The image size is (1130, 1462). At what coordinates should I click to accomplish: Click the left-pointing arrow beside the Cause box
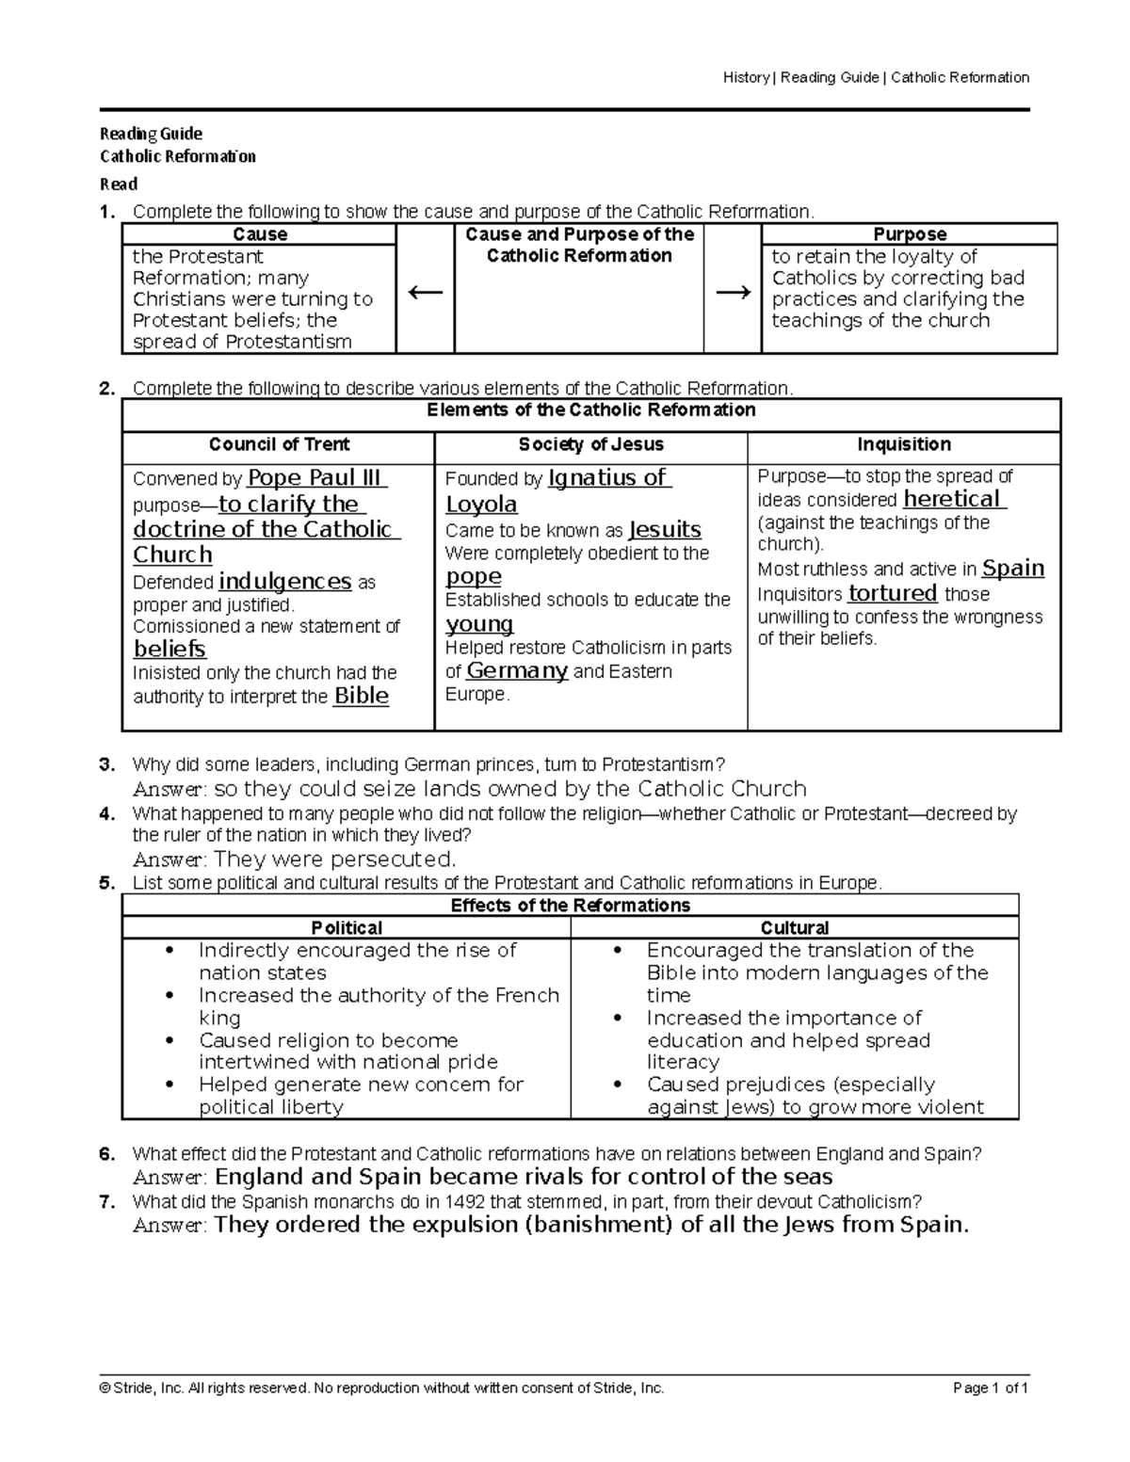425,293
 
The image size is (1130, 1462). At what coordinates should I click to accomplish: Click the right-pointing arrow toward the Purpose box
733,293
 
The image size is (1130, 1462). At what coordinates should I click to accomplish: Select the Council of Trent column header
279,444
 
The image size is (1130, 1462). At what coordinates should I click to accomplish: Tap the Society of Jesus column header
590,444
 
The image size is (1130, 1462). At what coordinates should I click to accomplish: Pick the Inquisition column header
903,444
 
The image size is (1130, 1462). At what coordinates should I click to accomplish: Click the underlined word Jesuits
665,529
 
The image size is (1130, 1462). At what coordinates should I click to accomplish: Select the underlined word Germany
517,671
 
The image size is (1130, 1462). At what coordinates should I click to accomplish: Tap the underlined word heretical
954,499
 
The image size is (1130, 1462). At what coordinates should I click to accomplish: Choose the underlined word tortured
892,593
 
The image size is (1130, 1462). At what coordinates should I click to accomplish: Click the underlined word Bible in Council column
361,696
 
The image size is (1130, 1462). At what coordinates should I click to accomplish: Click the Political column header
347,927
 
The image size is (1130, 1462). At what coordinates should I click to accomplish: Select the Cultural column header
794,927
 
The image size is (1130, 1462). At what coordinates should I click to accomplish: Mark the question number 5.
106,883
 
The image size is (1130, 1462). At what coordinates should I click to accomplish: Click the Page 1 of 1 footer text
991,1389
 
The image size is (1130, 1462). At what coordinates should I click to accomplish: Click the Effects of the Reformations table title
570,906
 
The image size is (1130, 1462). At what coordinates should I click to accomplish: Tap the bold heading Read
119,185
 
